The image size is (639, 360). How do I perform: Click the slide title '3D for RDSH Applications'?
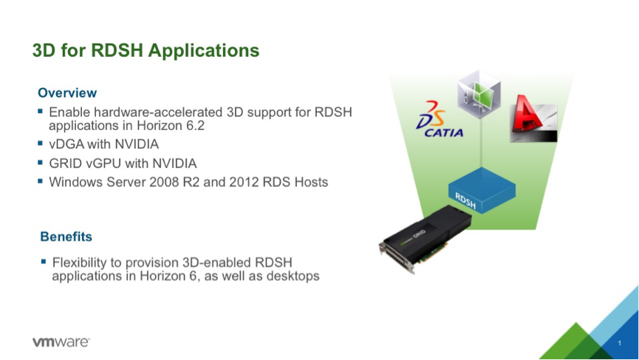146,50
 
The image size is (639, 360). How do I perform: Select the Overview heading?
67,93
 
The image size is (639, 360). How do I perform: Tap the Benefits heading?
66,237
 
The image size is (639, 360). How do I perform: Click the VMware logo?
61,342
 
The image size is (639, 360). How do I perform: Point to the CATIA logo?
440,120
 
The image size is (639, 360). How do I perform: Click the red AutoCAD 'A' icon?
533,118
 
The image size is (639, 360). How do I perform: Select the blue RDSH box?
482,190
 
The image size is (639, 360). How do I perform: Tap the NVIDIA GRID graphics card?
425,239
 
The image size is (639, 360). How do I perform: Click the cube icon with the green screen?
479,94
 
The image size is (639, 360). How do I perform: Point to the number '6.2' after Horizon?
196,126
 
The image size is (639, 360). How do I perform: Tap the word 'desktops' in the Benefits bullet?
293,276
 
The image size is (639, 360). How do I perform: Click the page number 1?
620,343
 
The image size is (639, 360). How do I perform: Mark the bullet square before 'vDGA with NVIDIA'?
40,143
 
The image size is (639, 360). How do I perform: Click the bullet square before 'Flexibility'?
44,262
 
